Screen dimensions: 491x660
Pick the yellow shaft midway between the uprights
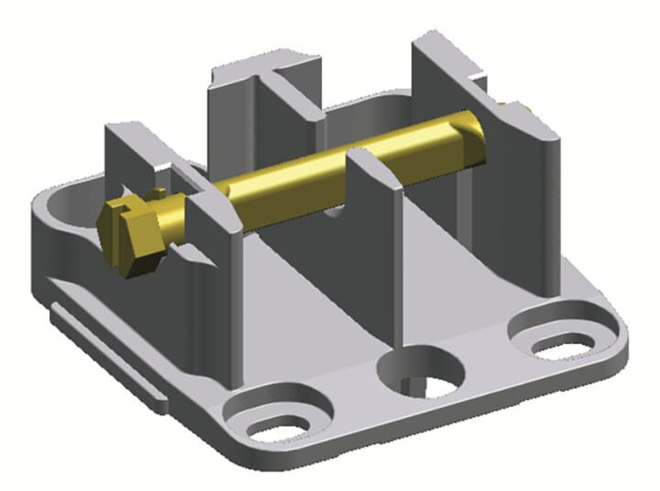point(291,176)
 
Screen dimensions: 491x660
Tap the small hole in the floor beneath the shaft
point(333,212)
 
